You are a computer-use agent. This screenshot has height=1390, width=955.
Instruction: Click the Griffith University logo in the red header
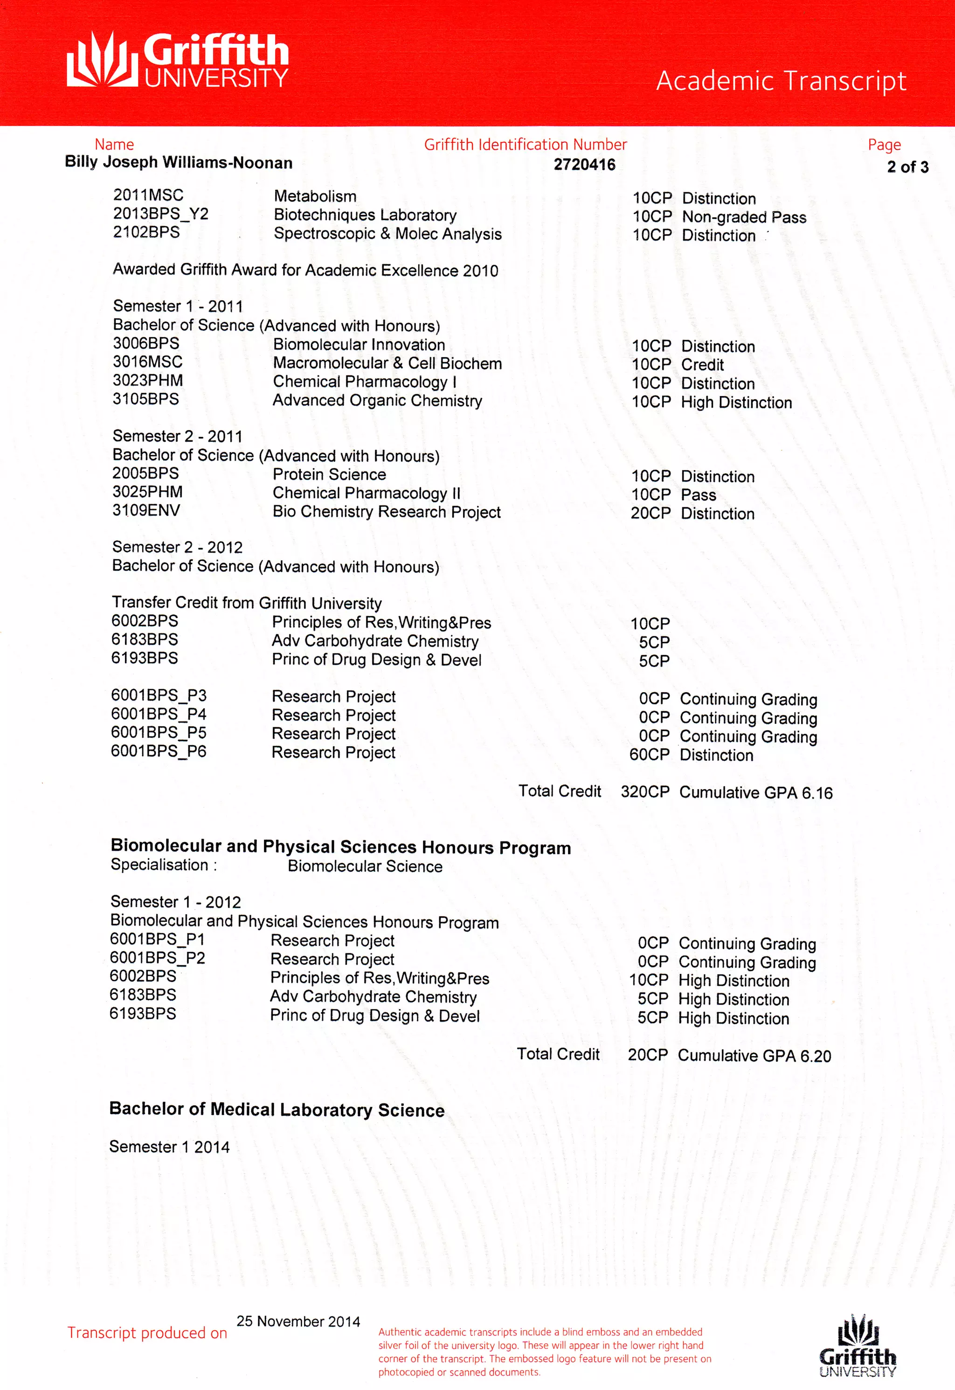pyautogui.click(x=177, y=60)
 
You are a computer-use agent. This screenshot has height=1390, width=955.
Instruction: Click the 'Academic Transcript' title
pyautogui.click(x=781, y=81)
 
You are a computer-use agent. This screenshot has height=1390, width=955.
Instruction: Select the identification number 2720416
pyautogui.click(x=584, y=165)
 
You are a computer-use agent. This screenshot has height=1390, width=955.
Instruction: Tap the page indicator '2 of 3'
pyautogui.click(x=907, y=167)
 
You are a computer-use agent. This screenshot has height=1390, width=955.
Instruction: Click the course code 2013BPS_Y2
pyautogui.click(x=160, y=214)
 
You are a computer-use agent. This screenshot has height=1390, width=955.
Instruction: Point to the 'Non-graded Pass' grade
pyautogui.click(x=744, y=217)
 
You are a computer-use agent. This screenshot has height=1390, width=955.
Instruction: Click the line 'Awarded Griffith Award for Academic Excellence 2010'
pyautogui.click(x=305, y=270)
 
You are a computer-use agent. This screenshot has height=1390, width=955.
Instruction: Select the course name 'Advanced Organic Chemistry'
pyautogui.click(x=377, y=400)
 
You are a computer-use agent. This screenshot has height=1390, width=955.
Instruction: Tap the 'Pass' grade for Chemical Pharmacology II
pyautogui.click(x=699, y=495)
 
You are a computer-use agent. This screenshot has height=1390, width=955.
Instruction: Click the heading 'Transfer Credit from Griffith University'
pyautogui.click(x=247, y=603)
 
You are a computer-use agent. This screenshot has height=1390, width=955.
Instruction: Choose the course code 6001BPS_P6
pyautogui.click(x=159, y=751)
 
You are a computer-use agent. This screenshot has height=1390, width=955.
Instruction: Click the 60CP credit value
pyautogui.click(x=649, y=755)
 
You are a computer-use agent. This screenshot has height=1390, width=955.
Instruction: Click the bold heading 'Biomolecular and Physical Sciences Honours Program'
pyautogui.click(x=340, y=847)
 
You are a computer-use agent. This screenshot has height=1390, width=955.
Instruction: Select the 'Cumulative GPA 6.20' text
pyautogui.click(x=754, y=1056)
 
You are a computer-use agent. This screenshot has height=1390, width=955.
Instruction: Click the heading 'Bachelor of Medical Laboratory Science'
pyautogui.click(x=277, y=1110)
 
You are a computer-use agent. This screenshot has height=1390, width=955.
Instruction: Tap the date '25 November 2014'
pyautogui.click(x=298, y=1321)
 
